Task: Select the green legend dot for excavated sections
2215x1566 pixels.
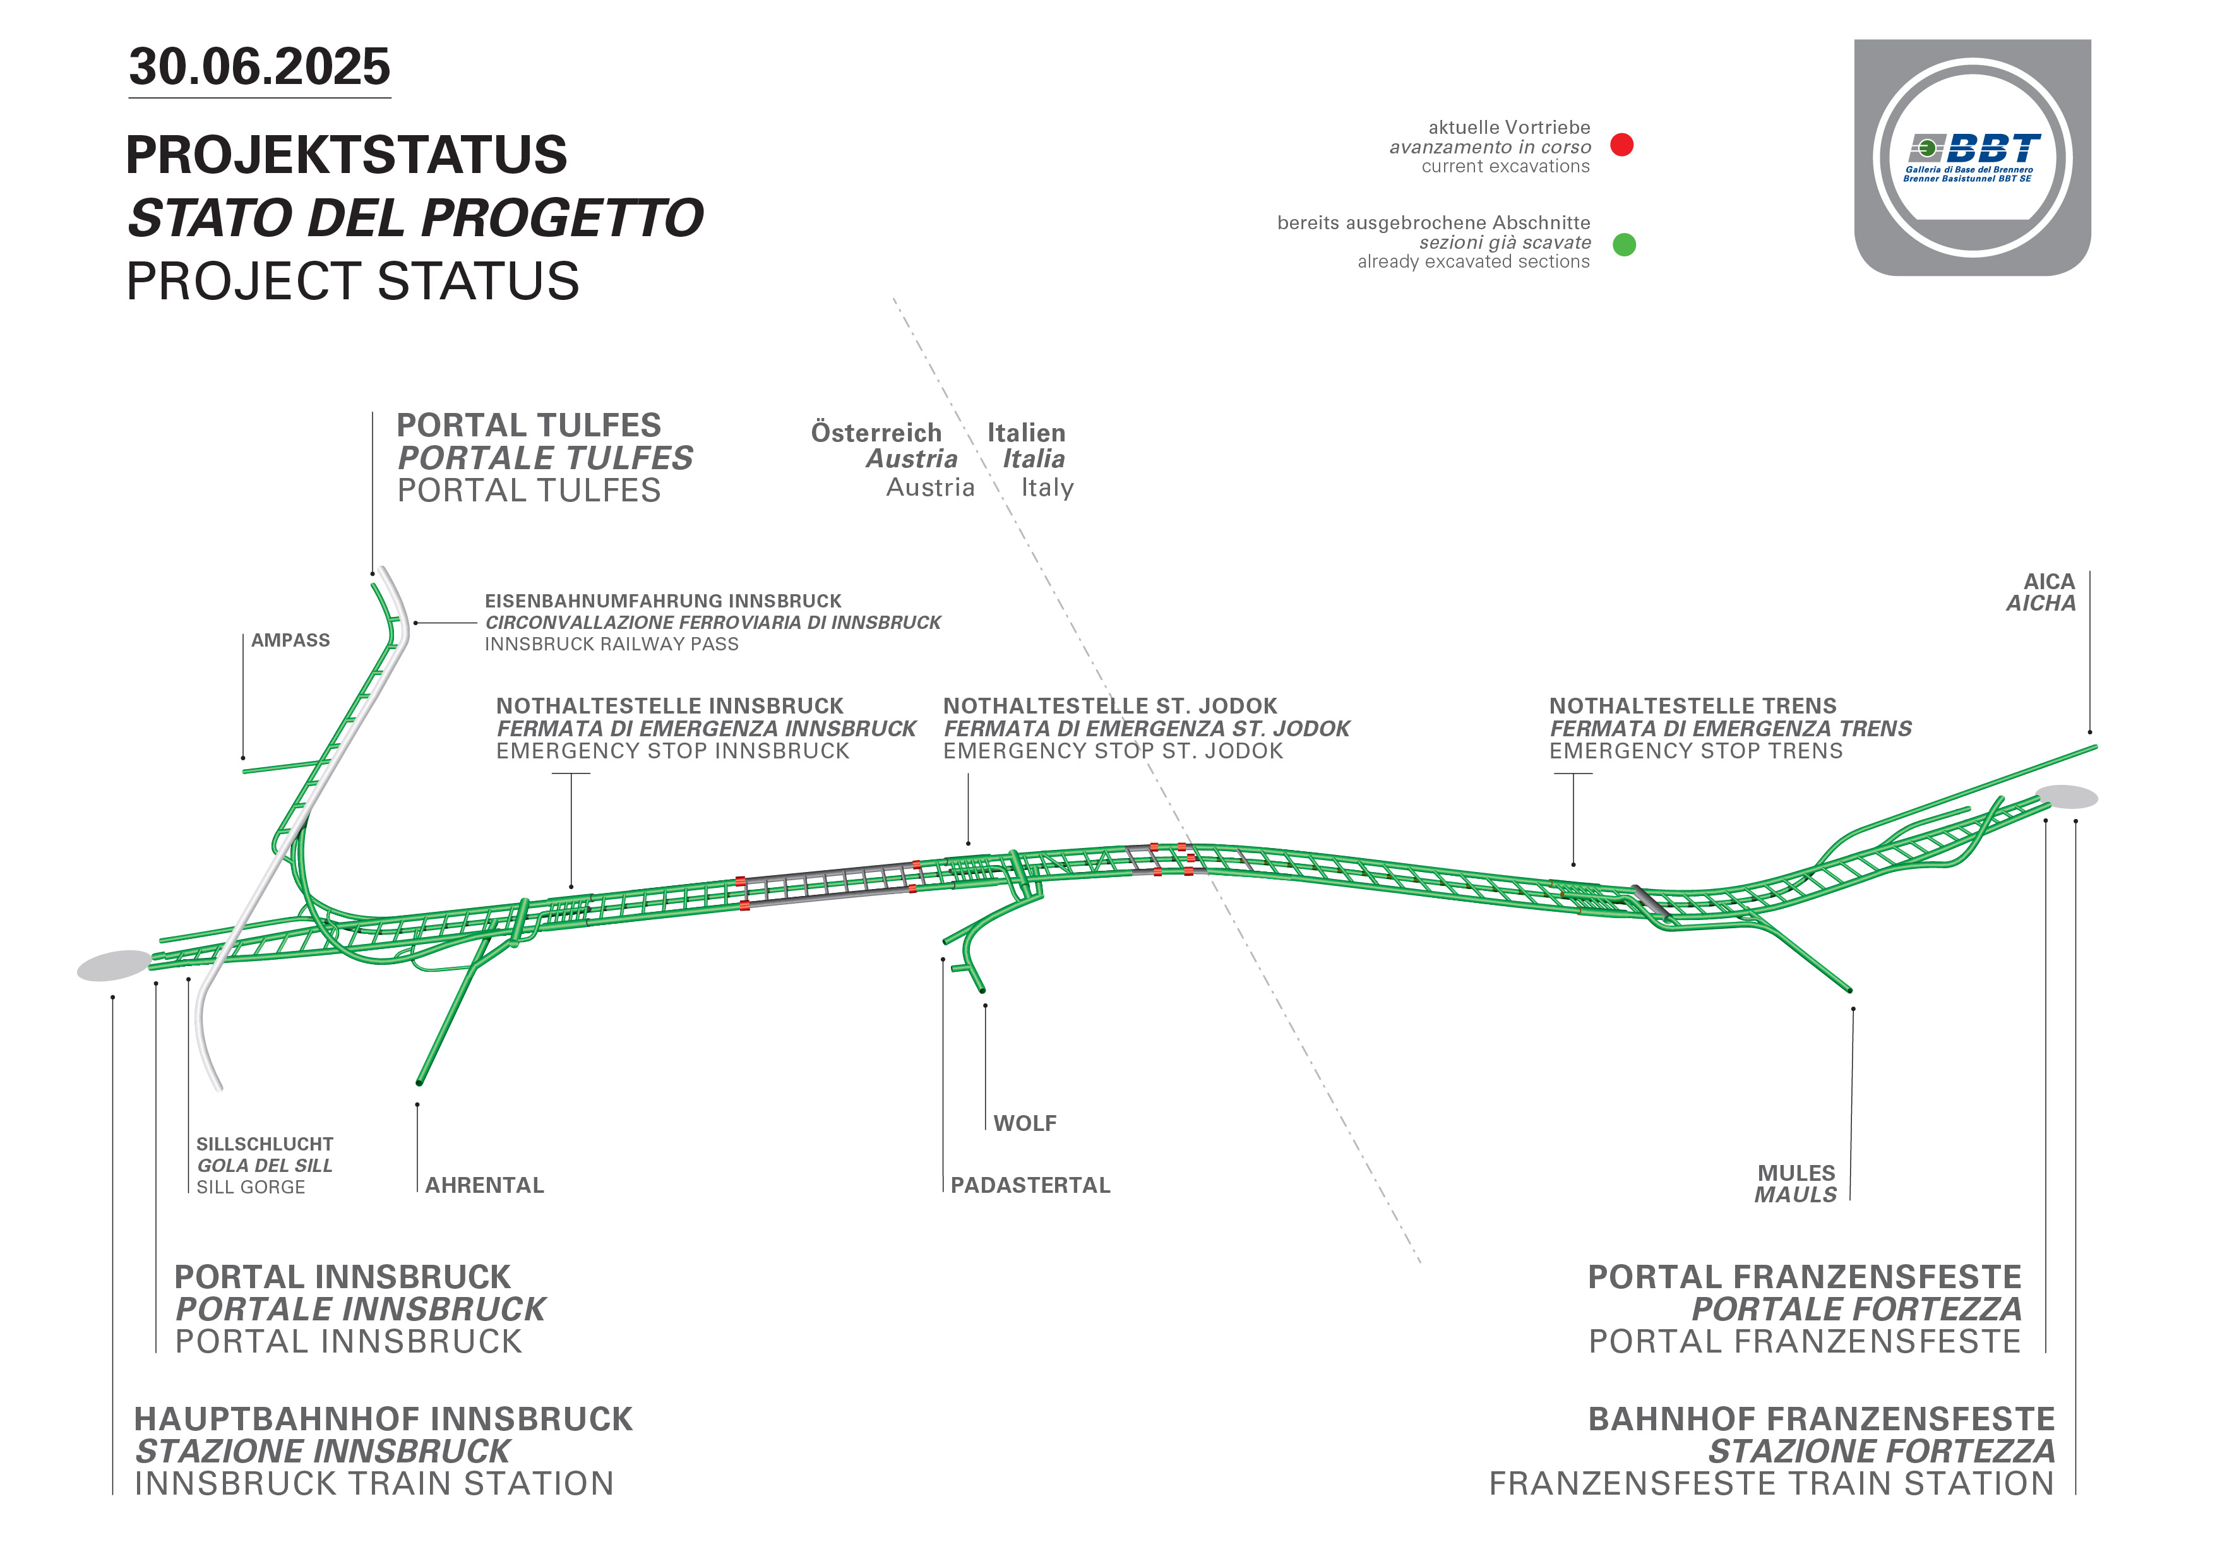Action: tap(1625, 244)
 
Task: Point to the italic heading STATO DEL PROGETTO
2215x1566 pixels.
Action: tap(416, 218)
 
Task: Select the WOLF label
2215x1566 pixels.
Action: tap(1025, 1123)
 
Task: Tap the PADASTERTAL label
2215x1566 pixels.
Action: tap(1030, 1185)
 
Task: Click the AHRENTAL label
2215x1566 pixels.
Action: tap(484, 1185)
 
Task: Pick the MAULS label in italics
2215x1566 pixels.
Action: tap(1795, 1195)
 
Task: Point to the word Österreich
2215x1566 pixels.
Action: tap(876, 433)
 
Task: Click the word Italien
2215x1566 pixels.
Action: tap(1027, 433)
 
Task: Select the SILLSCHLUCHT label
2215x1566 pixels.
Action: tap(265, 1144)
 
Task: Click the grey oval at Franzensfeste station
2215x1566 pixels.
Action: tap(2067, 796)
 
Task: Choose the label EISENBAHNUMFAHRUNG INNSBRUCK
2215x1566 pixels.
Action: tap(663, 601)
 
